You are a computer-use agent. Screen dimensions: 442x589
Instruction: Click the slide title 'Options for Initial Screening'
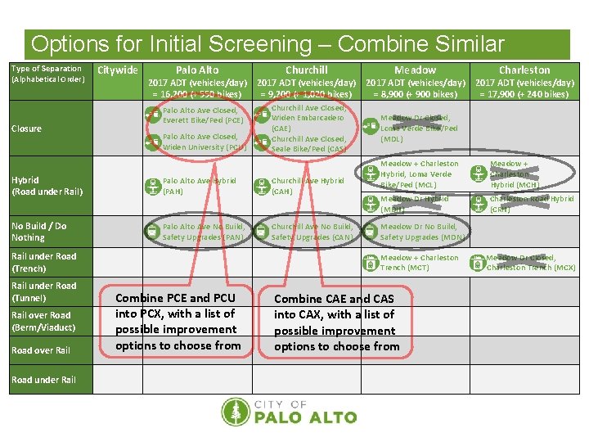click(x=268, y=44)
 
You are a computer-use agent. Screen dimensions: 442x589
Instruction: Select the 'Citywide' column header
click(x=118, y=70)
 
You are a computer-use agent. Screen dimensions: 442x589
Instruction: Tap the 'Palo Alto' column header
click(x=197, y=70)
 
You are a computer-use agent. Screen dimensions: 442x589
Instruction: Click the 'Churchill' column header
click(x=306, y=70)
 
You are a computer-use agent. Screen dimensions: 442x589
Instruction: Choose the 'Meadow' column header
click(x=415, y=70)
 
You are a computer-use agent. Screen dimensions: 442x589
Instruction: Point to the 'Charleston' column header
click(x=524, y=70)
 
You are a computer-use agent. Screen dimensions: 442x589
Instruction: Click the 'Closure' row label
click(x=27, y=129)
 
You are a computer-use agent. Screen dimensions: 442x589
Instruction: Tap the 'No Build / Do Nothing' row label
click(x=39, y=232)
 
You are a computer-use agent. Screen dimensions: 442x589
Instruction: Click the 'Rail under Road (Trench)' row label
click(x=43, y=262)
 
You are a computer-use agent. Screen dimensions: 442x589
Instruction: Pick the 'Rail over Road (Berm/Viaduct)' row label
click(x=43, y=321)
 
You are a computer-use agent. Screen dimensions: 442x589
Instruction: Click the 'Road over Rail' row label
click(x=41, y=350)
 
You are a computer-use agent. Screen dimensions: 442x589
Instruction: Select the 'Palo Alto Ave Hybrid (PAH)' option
click(x=199, y=186)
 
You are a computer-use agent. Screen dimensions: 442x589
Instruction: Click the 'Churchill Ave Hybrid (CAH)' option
click(x=307, y=186)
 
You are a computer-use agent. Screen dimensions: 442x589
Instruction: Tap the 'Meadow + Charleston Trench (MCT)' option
click(x=419, y=263)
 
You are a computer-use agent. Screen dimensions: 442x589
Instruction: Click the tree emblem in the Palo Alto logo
click(x=239, y=413)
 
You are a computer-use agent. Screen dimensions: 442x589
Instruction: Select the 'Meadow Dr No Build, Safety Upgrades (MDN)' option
click(x=422, y=232)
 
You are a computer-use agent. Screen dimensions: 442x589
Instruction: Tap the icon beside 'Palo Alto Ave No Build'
click(x=152, y=232)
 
